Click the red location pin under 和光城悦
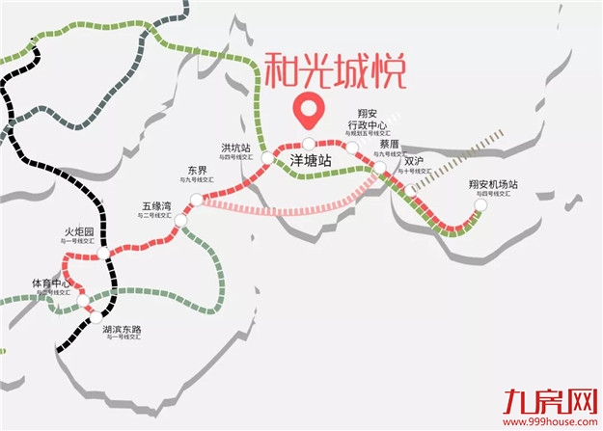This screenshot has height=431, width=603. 310,111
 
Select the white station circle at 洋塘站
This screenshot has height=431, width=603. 309,144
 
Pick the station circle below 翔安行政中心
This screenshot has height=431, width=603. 353,148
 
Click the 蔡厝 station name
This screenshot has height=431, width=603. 391,144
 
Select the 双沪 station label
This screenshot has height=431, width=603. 414,161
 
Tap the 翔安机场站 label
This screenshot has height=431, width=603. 493,184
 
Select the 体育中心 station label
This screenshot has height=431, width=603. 50,283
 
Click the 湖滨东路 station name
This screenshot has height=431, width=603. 121,329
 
